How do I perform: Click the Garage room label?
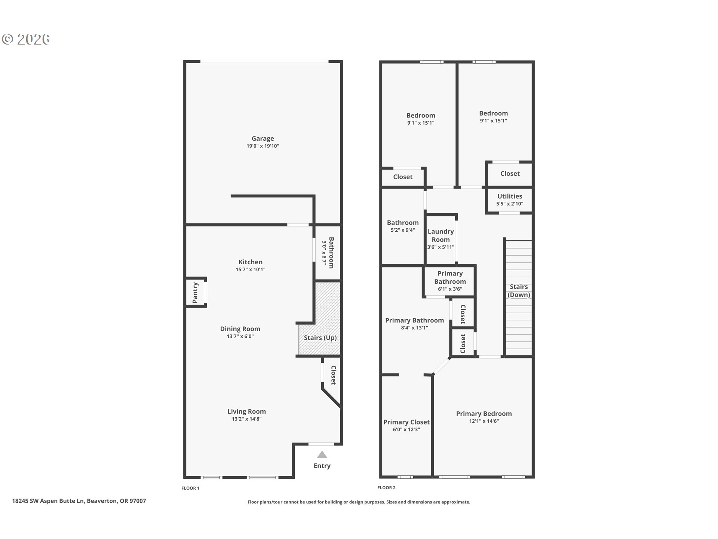coord(263,138)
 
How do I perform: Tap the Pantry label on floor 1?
coord(195,293)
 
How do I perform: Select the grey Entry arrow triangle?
coord(322,455)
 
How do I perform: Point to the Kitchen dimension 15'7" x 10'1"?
coord(251,269)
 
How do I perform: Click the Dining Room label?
coord(240,329)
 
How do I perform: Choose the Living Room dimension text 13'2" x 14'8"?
coord(246,419)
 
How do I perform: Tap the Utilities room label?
coord(510,196)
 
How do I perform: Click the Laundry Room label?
coord(441,236)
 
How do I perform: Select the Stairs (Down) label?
coord(519,291)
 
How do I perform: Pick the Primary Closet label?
coord(406,422)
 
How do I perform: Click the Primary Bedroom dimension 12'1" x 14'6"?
coord(484,421)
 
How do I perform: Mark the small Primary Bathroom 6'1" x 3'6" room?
coord(450,281)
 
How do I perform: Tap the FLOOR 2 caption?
coord(386,488)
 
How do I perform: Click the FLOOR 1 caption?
coord(190,488)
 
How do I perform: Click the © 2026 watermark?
coord(26,39)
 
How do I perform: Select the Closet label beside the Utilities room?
coord(510,174)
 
